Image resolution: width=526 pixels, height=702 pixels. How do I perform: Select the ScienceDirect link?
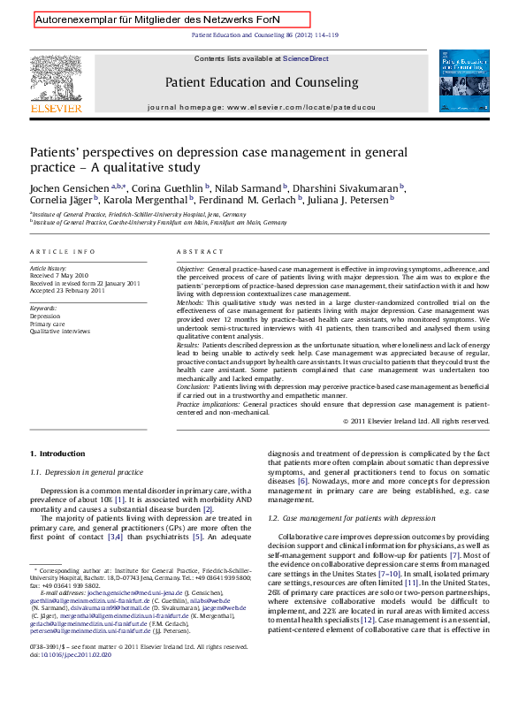tap(306, 58)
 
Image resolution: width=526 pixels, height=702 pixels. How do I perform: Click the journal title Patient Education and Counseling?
tap(262, 82)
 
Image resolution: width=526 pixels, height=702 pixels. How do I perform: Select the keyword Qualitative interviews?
tap(59, 331)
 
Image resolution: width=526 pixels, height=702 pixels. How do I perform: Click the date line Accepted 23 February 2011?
tap(67, 290)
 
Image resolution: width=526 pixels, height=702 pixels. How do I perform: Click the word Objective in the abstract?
tap(190, 267)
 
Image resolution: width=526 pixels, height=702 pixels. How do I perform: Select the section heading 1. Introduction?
tap(57, 454)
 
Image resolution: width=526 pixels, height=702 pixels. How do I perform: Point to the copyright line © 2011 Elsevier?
tap(415, 421)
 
